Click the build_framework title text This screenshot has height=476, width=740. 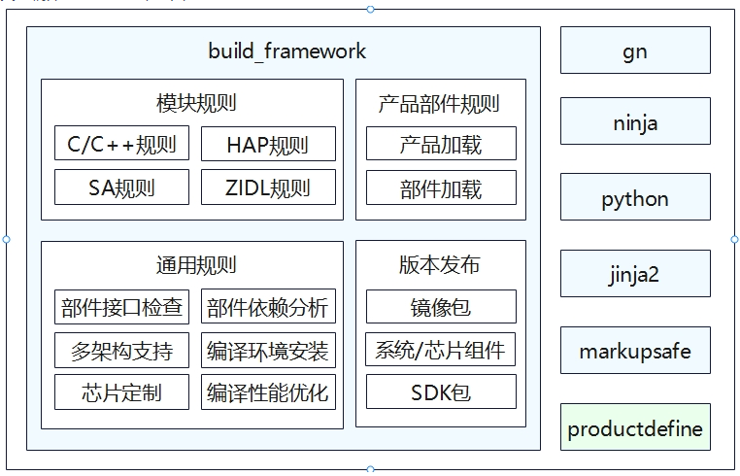(x=286, y=51)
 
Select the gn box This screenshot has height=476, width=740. (x=635, y=51)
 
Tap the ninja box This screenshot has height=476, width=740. (x=635, y=120)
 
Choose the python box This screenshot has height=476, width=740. (x=635, y=197)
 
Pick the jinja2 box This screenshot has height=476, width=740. (x=635, y=273)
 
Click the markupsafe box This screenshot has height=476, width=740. (x=635, y=351)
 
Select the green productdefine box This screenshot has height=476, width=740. (x=635, y=426)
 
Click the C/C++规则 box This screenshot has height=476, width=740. (x=121, y=143)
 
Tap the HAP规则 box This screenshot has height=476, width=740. (x=269, y=144)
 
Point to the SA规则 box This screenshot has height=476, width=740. (x=121, y=187)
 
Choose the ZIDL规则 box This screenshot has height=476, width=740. (x=269, y=187)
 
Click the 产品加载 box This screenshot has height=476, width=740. (x=441, y=143)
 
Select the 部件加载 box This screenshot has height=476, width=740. (x=441, y=187)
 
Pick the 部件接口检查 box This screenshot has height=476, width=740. (x=121, y=307)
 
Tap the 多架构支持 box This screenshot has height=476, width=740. (x=121, y=351)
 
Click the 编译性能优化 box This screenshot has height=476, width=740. (x=269, y=391)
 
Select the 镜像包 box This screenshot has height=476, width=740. (x=441, y=306)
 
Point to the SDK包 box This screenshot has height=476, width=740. (x=441, y=391)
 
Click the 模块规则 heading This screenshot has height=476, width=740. (x=196, y=103)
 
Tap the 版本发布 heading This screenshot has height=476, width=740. (x=439, y=264)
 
